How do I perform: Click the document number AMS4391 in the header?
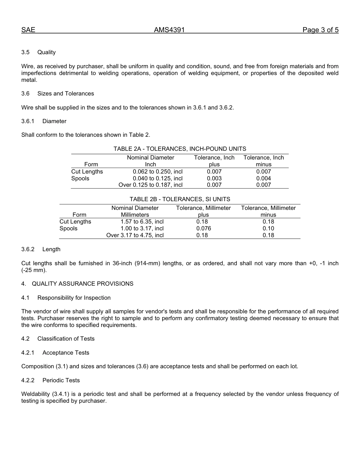(169, 30)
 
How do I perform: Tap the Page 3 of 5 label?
(320, 30)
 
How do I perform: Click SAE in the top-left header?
(28, 30)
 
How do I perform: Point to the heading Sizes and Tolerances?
(66, 94)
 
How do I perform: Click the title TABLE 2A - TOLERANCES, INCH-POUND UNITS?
(180, 149)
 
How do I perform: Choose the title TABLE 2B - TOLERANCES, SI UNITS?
(180, 199)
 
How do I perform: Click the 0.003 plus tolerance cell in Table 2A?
(214, 178)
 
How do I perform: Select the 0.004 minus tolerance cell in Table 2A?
(263, 178)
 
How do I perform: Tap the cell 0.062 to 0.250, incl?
(158, 172)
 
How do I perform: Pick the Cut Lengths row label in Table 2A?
(87, 172)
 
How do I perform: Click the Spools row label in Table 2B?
(69, 228)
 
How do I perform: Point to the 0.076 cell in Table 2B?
(203, 228)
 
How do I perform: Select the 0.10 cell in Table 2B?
(268, 228)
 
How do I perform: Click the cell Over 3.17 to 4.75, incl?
(135, 235)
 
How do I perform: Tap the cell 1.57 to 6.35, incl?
(142, 222)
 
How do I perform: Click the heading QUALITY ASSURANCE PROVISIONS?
(83, 284)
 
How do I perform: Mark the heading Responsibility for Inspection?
(74, 298)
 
